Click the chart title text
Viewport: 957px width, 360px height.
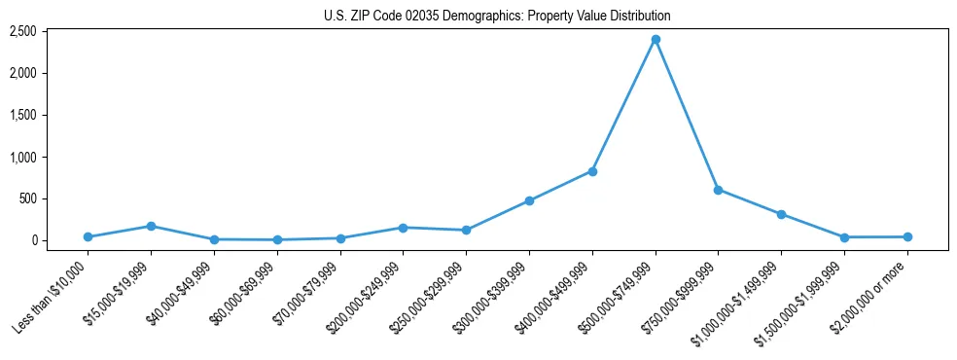pos(497,17)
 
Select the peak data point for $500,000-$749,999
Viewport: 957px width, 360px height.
pos(656,39)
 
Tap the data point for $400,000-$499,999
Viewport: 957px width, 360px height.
pos(592,171)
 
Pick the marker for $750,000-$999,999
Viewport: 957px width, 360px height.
pos(718,190)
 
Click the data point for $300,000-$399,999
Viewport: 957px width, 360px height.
pos(529,200)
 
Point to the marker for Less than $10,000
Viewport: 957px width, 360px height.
pos(88,236)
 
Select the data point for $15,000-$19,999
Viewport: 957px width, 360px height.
pos(151,226)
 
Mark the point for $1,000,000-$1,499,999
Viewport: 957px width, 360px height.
pos(781,214)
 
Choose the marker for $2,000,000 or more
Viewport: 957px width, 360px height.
pos(907,236)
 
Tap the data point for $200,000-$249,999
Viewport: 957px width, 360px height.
pos(403,228)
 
